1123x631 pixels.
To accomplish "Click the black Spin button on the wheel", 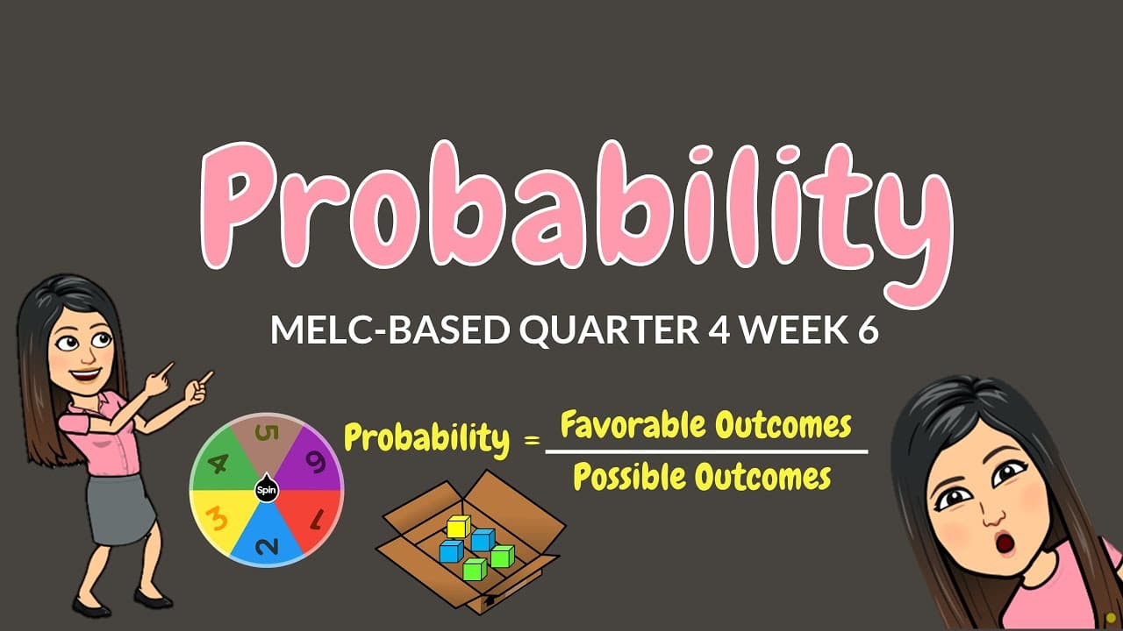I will pos(266,490).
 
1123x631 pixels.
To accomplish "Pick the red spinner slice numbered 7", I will pos(313,519).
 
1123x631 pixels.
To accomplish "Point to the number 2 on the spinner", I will pos(267,545).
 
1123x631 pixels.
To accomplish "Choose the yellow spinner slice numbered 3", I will pos(218,519).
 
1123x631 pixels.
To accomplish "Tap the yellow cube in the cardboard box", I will pos(458,527).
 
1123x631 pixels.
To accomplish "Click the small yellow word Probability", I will pos(426,438).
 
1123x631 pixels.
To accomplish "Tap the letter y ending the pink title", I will pos(908,228).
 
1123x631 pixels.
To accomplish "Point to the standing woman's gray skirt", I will pos(119,507).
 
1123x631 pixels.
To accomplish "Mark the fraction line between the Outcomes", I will pos(706,452).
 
